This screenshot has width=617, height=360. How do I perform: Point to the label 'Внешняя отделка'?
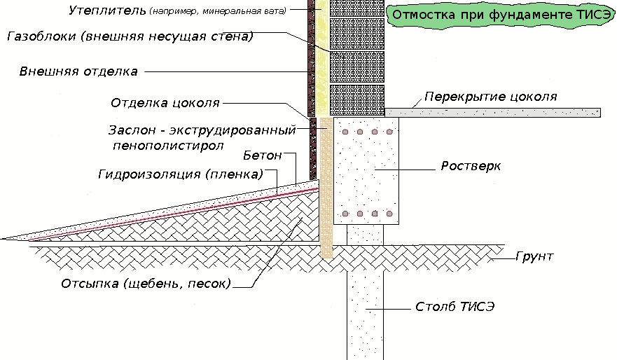tap(78, 71)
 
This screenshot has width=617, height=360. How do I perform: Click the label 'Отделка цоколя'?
tap(165, 103)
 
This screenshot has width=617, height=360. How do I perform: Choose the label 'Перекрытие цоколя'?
tap(491, 97)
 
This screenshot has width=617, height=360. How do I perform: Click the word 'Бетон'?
tap(262, 154)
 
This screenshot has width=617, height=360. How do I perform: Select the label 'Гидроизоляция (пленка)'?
tap(180, 174)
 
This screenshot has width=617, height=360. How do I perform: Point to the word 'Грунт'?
tap(535, 256)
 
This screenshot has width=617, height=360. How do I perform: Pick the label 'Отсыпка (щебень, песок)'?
tap(146, 284)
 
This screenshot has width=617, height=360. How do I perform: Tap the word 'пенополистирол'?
tap(167, 146)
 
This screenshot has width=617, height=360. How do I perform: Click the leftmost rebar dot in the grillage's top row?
tap(345, 132)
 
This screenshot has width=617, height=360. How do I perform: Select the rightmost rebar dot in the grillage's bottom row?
tap(389, 213)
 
